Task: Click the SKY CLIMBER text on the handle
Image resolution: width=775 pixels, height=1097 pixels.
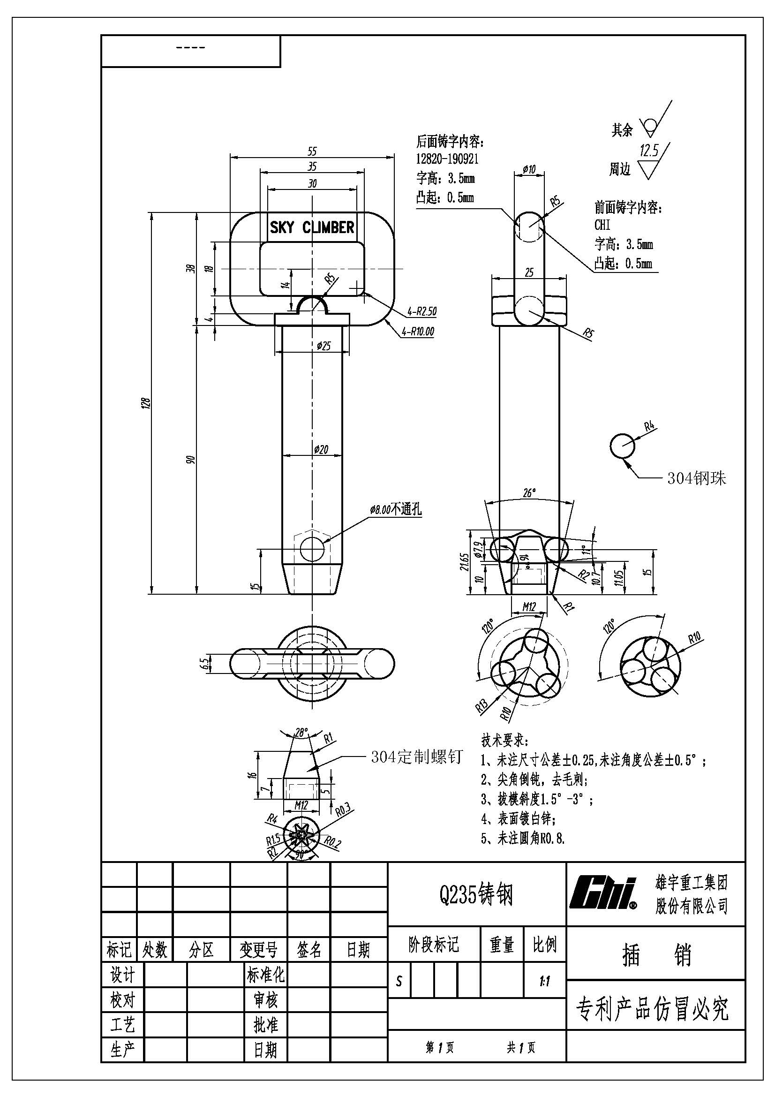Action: pyautogui.click(x=312, y=227)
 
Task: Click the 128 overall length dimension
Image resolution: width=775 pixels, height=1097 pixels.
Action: pyautogui.click(x=147, y=403)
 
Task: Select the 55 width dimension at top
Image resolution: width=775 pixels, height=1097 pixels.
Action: pyautogui.click(x=312, y=151)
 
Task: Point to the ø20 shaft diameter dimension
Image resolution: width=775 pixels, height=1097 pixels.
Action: pyautogui.click(x=321, y=449)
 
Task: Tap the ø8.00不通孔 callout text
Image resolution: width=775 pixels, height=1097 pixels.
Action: pyautogui.click(x=395, y=509)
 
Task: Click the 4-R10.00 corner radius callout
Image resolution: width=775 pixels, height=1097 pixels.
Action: pyautogui.click(x=418, y=331)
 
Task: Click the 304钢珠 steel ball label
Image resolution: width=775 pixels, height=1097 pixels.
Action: pyautogui.click(x=697, y=478)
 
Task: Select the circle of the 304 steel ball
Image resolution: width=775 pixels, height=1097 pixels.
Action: pyautogui.click(x=623, y=445)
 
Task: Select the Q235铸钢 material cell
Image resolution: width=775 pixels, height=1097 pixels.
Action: pyautogui.click(x=476, y=894)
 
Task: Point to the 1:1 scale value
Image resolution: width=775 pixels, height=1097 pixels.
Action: pyautogui.click(x=544, y=982)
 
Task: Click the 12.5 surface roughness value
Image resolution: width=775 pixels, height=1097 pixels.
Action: pyautogui.click(x=649, y=151)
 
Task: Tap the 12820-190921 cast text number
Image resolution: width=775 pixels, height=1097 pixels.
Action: pyautogui.click(x=447, y=159)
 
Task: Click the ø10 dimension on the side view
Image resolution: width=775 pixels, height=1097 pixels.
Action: pyautogui.click(x=529, y=169)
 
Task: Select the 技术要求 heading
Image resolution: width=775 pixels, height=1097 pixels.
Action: pyautogui.click(x=504, y=741)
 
